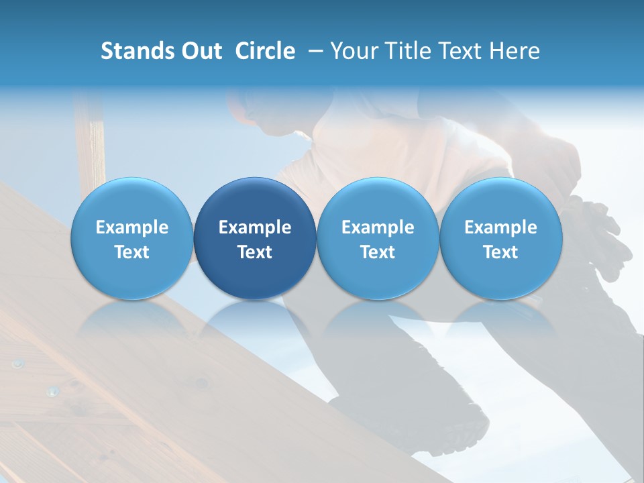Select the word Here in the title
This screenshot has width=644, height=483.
514,51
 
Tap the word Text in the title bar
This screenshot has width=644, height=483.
461,51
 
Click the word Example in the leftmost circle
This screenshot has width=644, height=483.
132,227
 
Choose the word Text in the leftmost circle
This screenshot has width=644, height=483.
132,252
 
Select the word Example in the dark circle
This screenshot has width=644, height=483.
255,227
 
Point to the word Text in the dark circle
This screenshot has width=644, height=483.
255,252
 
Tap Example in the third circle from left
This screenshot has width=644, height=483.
378,227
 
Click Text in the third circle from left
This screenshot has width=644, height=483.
378,252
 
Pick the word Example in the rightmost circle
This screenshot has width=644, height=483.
500,227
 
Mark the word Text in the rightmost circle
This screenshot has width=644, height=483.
500,252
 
